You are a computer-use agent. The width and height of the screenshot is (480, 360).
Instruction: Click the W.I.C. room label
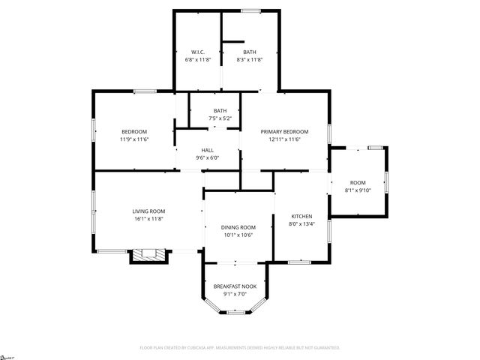[199, 52]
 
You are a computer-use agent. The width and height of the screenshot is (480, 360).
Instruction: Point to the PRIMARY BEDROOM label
[284, 131]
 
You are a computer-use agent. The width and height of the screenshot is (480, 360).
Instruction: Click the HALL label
[207, 150]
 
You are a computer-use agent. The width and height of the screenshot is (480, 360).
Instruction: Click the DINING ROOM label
[238, 227]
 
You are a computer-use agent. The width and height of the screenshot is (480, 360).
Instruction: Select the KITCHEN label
[301, 215]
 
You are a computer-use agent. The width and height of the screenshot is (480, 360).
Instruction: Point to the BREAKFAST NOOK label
[235, 286]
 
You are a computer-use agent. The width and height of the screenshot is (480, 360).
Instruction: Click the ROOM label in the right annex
[358, 183]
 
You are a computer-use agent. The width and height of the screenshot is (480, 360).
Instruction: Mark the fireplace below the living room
[148, 254]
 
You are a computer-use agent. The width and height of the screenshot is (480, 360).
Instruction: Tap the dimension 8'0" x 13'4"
[301, 223]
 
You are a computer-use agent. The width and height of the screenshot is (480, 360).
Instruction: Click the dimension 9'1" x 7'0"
[235, 293]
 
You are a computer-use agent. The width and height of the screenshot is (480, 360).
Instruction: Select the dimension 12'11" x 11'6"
[284, 139]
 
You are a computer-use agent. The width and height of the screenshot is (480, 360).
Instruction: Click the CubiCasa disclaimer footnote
[240, 347]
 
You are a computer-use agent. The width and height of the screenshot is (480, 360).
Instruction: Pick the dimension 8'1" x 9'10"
[358, 190]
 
